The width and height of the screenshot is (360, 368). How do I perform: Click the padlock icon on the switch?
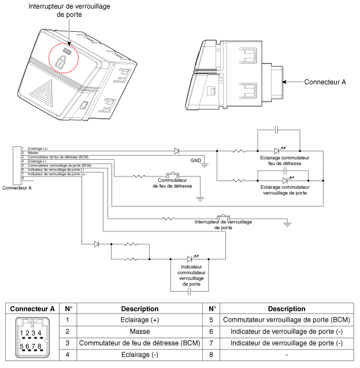[x=61, y=62]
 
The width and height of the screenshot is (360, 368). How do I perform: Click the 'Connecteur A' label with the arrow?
[x=325, y=82]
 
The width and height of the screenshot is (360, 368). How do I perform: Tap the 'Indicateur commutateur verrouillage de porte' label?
[x=188, y=276]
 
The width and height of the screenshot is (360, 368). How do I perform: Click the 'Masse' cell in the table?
[x=139, y=331]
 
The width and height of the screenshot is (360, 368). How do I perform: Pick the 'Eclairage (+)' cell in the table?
[x=139, y=319]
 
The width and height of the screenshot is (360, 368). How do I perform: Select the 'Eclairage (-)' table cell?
[x=139, y=354]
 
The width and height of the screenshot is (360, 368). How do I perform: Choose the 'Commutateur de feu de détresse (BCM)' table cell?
[x=139, y=343]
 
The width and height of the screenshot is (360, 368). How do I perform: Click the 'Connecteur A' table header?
[x=32, y=308]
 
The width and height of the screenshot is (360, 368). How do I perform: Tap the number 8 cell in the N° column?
[x=212, y=354]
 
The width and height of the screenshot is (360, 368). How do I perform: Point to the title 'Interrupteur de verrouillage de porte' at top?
[x=70, y=10]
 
